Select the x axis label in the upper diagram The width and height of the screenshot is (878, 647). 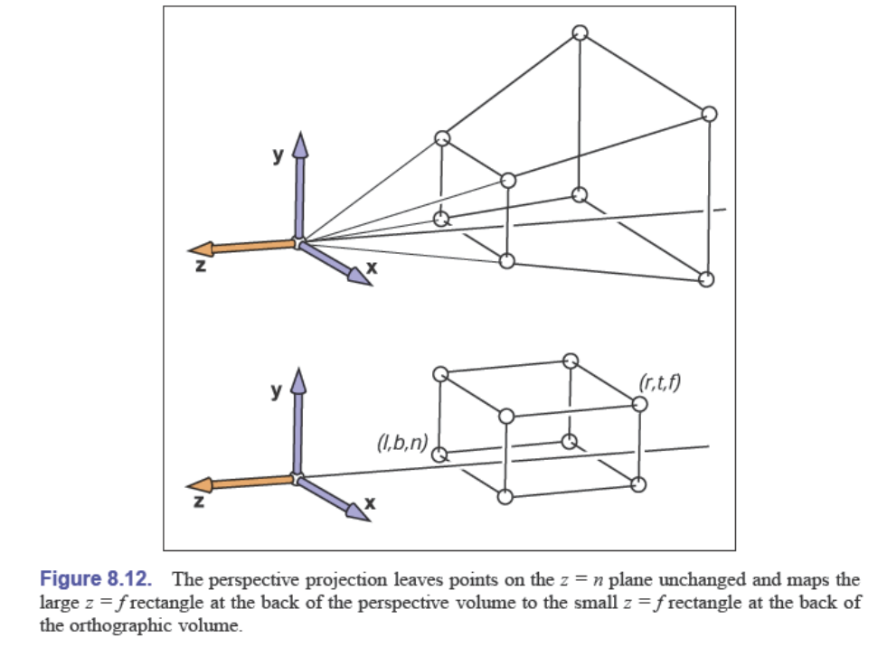click(369, 267)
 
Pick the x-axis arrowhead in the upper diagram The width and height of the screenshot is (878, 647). click(361, 279)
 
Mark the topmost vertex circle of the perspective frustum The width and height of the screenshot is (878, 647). click(581, 33)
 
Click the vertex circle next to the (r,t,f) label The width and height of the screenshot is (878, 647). click(640, 403)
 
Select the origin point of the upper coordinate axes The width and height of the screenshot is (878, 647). click(298, 242)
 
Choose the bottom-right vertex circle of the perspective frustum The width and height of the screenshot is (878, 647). click(707, 278)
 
